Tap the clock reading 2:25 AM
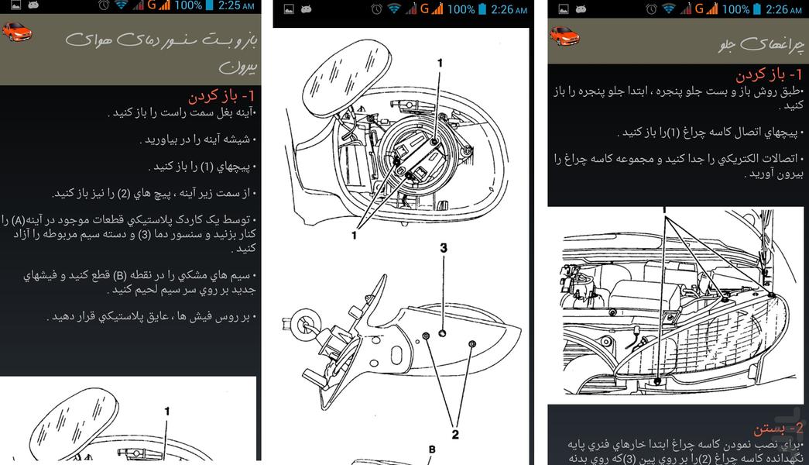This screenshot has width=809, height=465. [x=237, y=6]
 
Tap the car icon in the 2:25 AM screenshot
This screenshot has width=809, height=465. [x=16, y=32]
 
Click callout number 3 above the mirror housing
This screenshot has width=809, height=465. [x=444, y=249]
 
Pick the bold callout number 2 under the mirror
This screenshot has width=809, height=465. [x=454, y=435]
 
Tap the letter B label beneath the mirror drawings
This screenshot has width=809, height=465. [x=432, y=449]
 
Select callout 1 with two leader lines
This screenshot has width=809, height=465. [x=354, y=235]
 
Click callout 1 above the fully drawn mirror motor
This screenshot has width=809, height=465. [x=440, y=63]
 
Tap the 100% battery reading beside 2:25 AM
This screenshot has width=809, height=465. [x=188, y=6]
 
